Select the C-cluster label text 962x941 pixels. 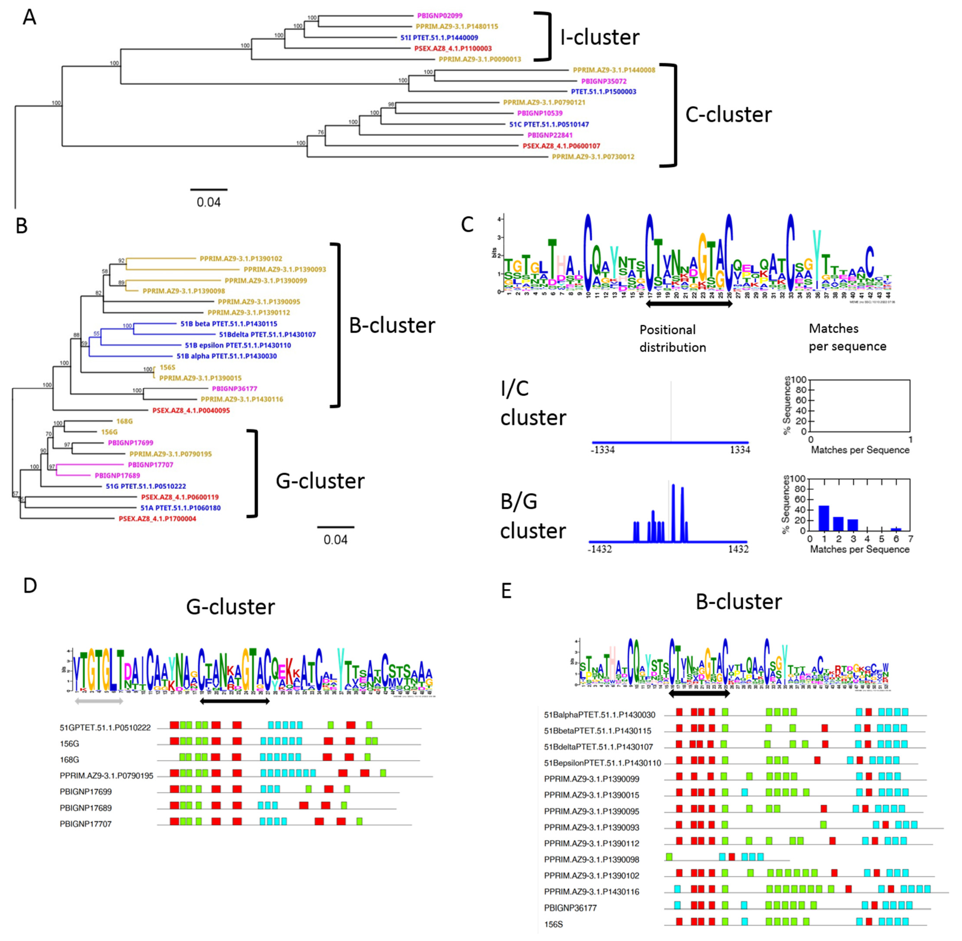[728, 115]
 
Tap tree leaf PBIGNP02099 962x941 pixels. [439, 16]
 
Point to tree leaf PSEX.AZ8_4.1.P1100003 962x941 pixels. [453, 48]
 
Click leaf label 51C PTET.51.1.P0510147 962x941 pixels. [549, 124]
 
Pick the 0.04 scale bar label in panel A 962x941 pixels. [209, 202]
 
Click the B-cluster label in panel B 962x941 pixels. [392, 325]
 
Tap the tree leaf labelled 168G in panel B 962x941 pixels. [124, 421]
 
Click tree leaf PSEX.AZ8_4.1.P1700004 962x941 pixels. [157, 518]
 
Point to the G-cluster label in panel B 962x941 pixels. [320, 481]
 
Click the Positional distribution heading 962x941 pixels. [672, 338]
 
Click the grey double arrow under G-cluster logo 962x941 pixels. [98, 700]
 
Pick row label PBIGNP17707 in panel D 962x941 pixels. [85, 824]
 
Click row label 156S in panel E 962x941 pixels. [553, 924]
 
